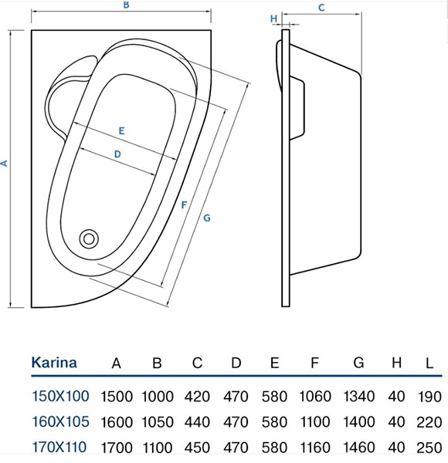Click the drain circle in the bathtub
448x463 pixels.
90,238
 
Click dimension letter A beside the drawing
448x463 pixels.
5,163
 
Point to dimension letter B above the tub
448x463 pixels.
125,6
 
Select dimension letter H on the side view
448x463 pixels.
273,17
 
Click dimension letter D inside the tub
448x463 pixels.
117,154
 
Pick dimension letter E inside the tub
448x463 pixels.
122,130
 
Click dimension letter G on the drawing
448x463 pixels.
207,218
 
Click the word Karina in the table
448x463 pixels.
53,363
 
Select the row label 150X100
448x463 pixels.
59,397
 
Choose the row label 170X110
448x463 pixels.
59,447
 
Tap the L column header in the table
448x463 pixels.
427,363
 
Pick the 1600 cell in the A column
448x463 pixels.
117,422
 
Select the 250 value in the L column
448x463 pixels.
427,447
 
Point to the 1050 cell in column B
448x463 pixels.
157,422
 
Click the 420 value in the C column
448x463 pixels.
197,397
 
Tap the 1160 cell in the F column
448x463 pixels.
315,447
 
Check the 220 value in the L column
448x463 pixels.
427,422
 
